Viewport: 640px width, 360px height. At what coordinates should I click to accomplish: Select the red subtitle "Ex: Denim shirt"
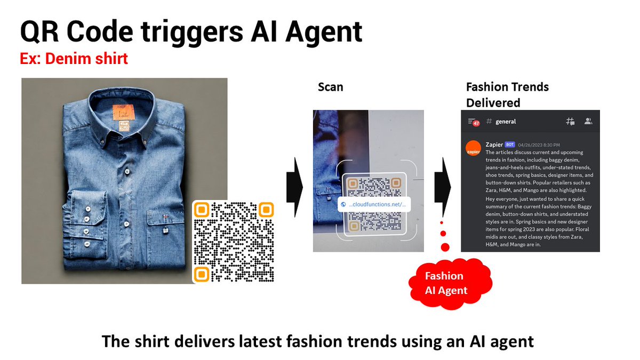click(x=74, y=58)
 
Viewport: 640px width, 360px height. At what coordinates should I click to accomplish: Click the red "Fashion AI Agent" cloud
click(x=446, y=283)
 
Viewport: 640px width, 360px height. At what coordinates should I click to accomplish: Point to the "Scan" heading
click(x=330, y=86)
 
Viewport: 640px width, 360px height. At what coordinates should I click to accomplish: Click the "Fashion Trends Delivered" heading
click(x=507, y=94)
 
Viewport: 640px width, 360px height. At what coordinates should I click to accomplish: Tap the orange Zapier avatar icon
click(x=473, y=149)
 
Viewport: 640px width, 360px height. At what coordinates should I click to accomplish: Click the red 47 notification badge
click(x=476, y=123)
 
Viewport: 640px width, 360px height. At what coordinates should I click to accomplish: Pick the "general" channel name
click(x=506, y=122)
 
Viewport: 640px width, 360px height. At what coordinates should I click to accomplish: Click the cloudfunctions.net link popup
click(x=375, y=204)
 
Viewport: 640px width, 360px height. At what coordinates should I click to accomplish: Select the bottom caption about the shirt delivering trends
click(x=318, y=340)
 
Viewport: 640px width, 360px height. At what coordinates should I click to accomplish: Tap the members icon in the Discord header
click(x=588, y=122)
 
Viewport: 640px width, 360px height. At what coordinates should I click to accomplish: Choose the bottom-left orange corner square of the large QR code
click(x=201, y=274)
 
